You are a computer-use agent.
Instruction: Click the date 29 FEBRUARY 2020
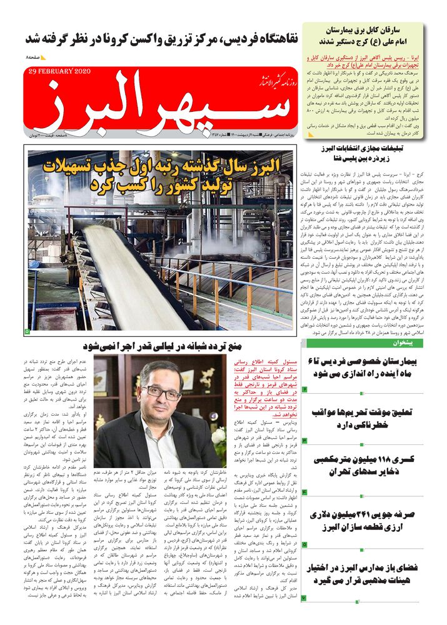click(60, 71)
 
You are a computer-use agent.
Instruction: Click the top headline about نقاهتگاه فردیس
click(161, 37)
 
